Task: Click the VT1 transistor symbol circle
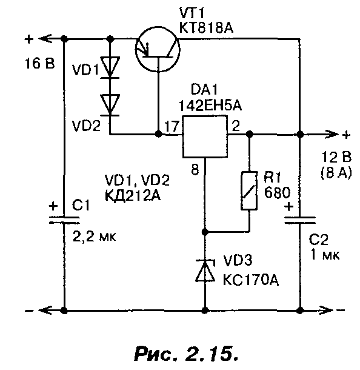(135, 50)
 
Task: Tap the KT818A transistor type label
(206, 29)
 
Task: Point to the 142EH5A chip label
(210, 106)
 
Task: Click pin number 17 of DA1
(172, 126)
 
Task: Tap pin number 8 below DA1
(195, 169)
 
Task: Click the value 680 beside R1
(277, 193)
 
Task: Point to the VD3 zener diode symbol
(205, 271)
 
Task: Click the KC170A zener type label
(251, 281)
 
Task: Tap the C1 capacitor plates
(64, 220)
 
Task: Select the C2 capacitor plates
(299, 220)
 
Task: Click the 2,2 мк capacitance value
(95, 236)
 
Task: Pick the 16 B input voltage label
(39, 64)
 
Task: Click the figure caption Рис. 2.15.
(186, 353)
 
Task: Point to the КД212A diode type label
(133, 195)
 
